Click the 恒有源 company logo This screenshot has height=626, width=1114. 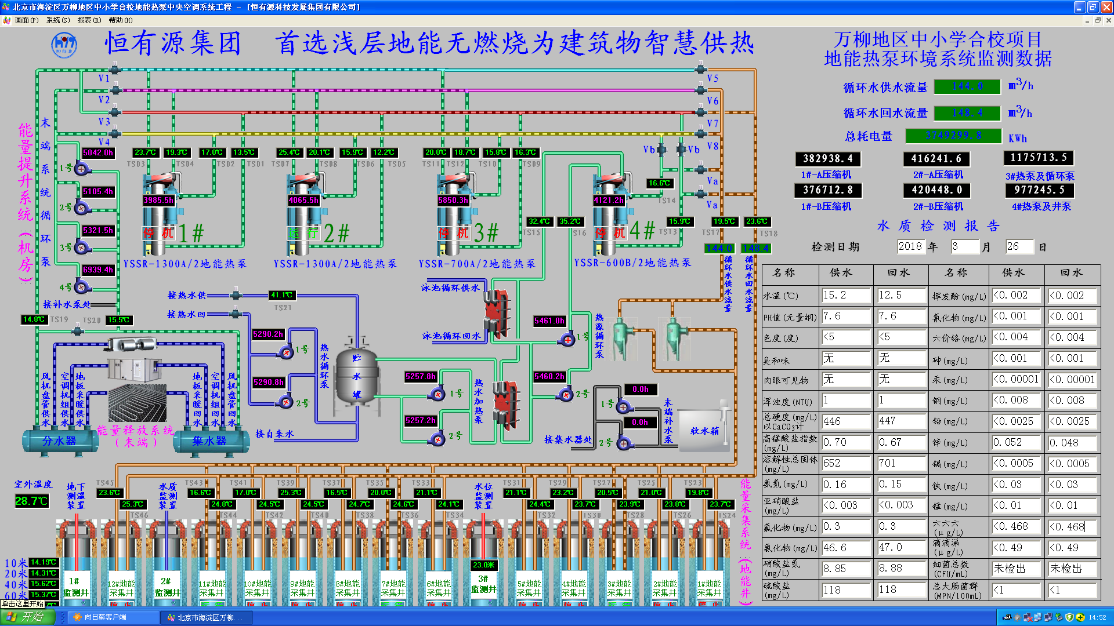[x=64, y=45]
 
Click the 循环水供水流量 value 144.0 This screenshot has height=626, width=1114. [x=967, y=86]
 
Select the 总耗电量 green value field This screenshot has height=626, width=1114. [x=953, y=136]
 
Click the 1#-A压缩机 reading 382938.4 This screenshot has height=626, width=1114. [x=828, y=159]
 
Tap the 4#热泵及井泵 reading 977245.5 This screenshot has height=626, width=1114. [x=1039, y=190]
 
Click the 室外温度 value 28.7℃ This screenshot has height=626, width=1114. [x=31, y=501]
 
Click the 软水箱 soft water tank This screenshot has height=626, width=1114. [x=704, y=430]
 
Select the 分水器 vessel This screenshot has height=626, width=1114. [x=60, y=441]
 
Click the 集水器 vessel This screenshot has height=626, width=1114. [x=210, y=441]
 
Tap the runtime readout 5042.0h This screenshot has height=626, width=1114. [x=98, y=153]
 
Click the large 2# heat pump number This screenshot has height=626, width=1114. [x=337, y=233]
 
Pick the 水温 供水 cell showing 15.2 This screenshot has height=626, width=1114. [x=845, y=296]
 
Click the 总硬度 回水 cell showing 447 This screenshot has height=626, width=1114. [x=901, y=421]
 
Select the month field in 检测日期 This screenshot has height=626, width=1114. [x=964, y=247]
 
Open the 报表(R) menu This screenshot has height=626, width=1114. [x=89, y=20]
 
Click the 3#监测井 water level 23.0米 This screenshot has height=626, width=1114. [x=483, y=565]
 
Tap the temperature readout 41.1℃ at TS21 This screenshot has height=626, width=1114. [x=282, y=295]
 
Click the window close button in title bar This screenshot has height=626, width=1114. [x=1106, y=7]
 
